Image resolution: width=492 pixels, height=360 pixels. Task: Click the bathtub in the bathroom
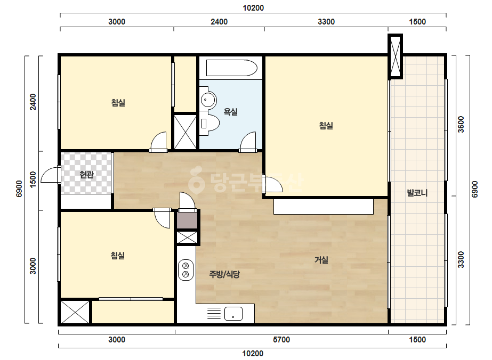[231, 68]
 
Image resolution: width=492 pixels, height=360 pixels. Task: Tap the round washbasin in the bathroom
[207, 100]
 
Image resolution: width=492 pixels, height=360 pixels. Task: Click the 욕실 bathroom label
[230, 112]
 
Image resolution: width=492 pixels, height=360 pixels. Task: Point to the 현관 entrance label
[86, 175]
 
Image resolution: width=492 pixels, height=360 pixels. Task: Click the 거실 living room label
[321, 260]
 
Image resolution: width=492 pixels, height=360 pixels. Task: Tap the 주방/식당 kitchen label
[224, 274]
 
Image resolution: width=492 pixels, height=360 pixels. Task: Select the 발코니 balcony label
[417, 193]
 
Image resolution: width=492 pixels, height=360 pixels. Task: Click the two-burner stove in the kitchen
[185, 270]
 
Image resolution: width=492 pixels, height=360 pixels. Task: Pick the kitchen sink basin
[233, 314]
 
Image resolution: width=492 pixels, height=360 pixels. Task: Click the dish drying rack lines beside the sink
[214, 314]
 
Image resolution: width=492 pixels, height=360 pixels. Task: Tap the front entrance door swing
[51, 175]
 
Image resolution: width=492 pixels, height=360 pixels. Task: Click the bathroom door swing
[248, 142]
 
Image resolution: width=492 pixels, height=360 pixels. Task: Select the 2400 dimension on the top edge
[219, 22]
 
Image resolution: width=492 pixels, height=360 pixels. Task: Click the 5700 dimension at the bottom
[281, 340]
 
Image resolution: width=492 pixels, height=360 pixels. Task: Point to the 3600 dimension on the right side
[461, 125]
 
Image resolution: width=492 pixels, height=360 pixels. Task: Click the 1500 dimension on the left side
[33, 179]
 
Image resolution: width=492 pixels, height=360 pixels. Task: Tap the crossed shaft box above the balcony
[395, 56]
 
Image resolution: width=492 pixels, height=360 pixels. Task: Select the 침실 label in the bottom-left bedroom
[118, 256]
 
